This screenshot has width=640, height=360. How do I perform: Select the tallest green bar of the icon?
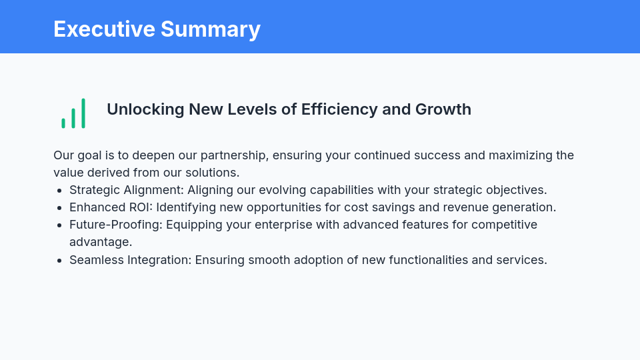click(83, 113)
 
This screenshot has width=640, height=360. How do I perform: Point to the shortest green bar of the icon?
click(63, 123)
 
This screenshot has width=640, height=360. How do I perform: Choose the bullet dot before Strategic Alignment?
click(60, 191)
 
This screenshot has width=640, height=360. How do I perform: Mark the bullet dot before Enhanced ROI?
click(60, 208)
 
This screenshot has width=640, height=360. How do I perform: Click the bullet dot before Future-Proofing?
click(60, 225)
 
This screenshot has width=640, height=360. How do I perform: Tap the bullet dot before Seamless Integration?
click(60, 260)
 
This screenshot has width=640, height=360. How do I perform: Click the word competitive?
click(504, 225)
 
